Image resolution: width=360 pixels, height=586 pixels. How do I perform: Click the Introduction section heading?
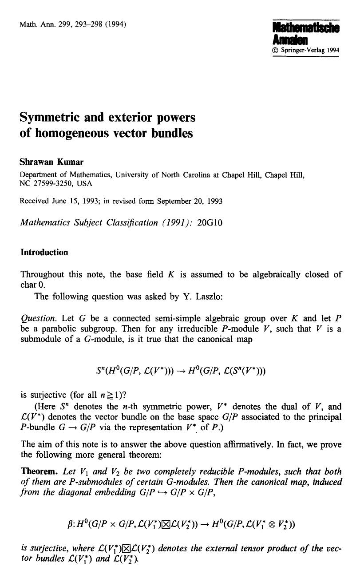click(44, 253)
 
